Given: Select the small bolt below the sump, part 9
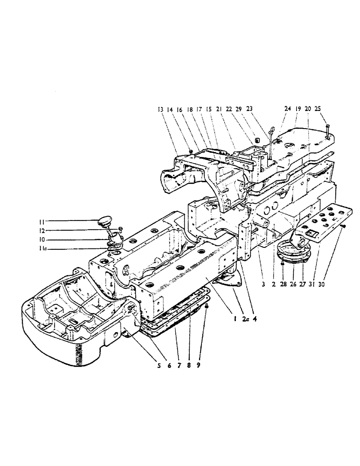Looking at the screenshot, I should (207, 308).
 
